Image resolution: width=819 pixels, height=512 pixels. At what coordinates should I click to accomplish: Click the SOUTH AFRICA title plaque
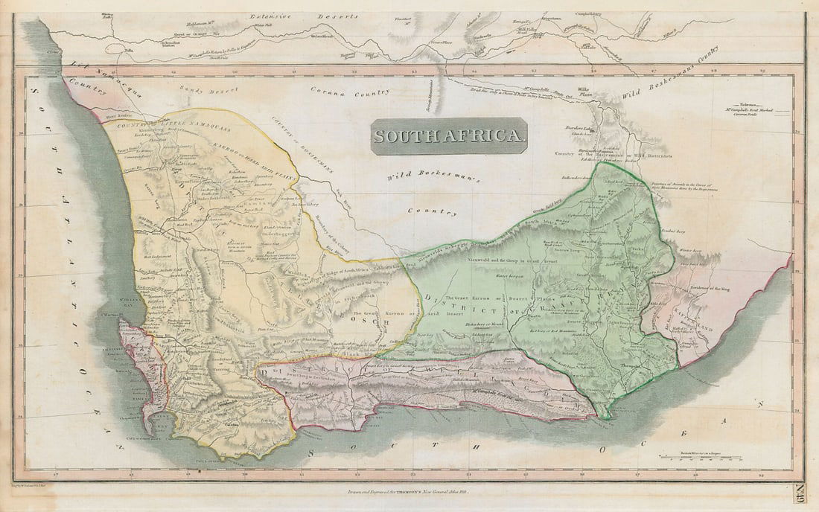[x=449, y=136]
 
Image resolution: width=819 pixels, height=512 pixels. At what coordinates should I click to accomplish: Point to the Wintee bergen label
[x=690, y=252]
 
